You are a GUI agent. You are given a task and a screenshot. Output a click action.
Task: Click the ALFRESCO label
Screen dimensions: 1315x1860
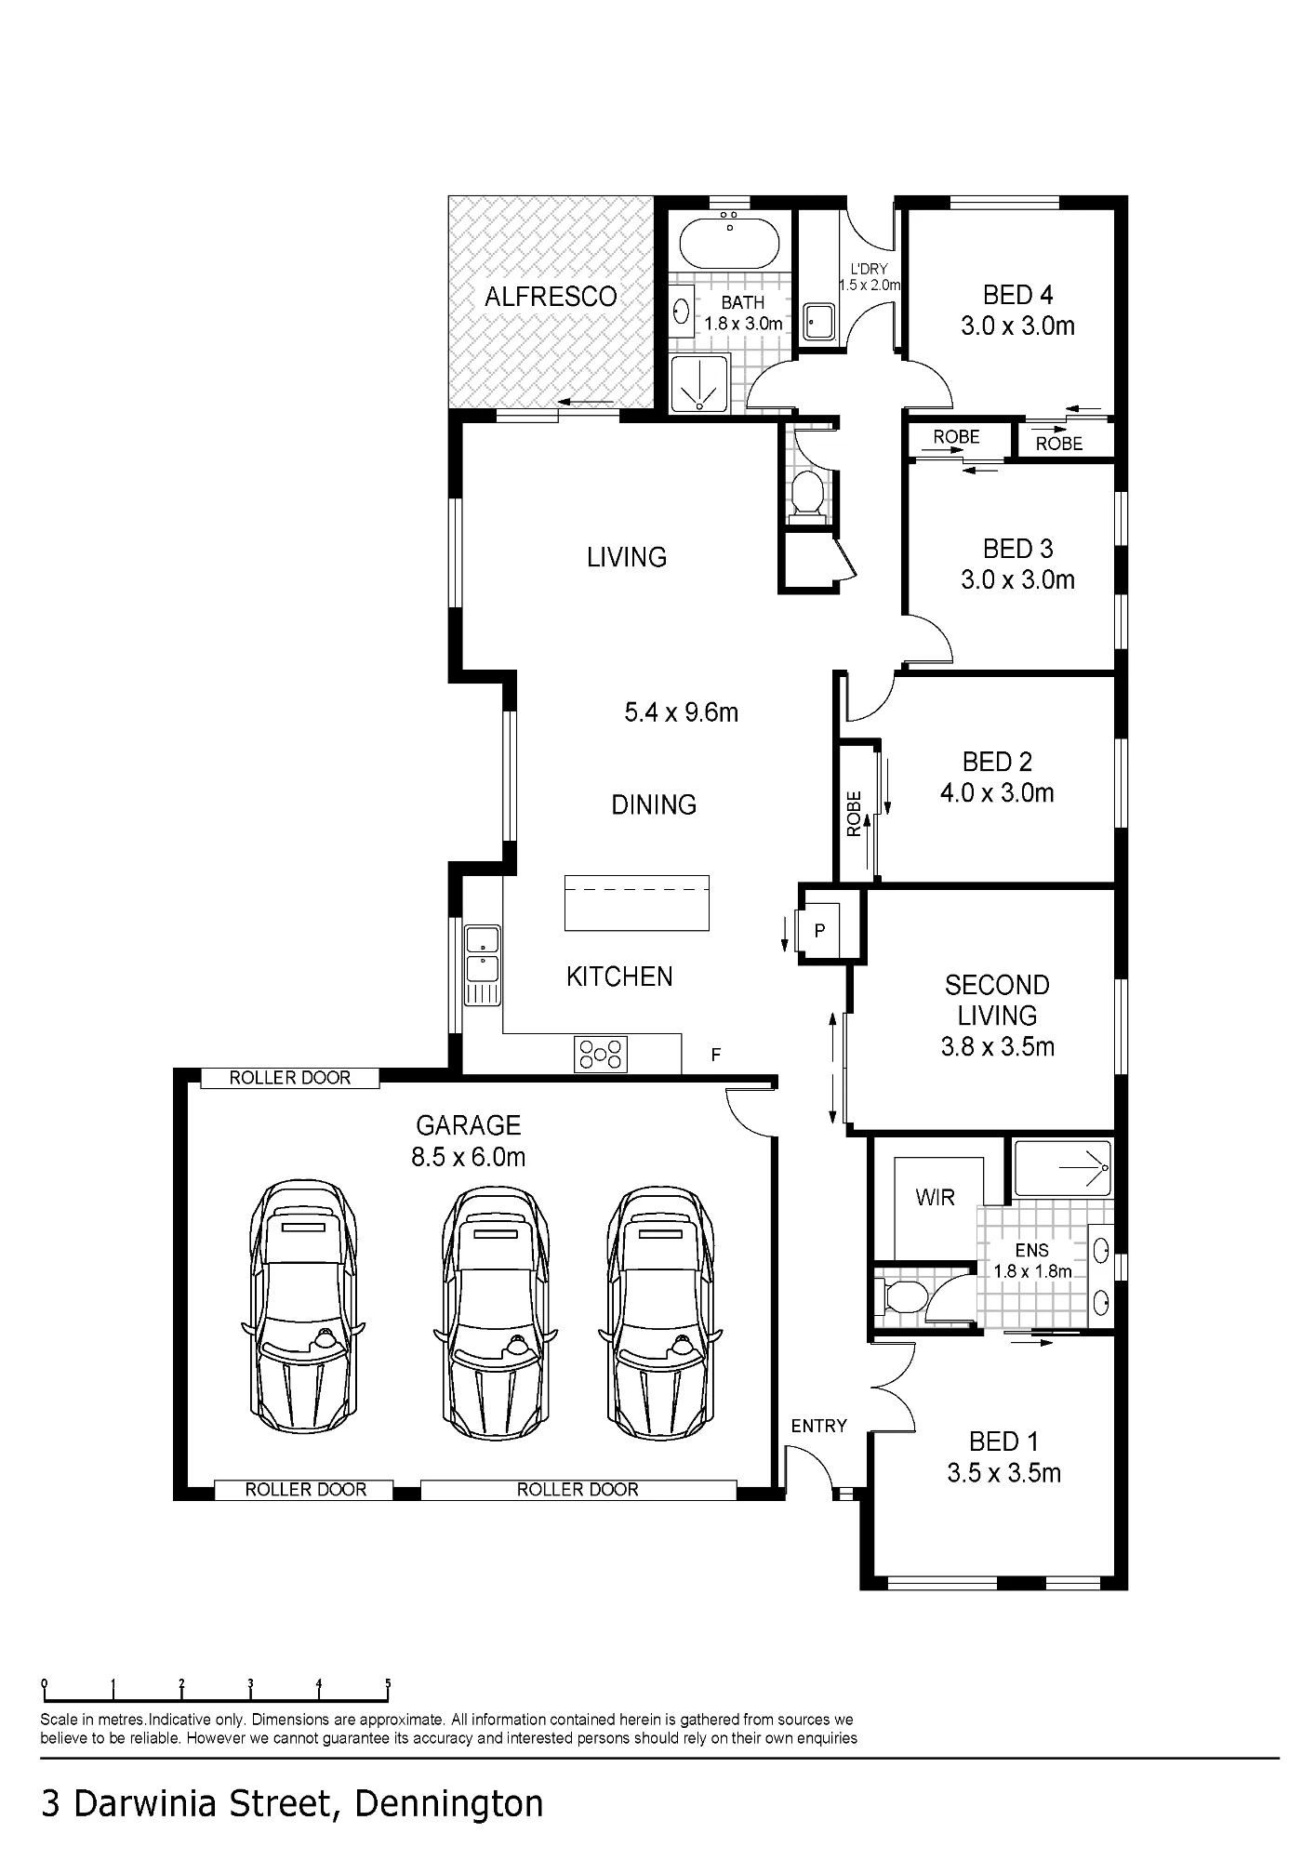point(551,297)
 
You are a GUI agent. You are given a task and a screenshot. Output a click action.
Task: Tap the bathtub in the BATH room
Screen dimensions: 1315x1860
point(730,243)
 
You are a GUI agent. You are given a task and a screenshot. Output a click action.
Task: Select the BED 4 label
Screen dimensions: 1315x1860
point(1018,295)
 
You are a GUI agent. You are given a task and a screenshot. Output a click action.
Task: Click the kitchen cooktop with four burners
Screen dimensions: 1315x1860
point(601,1054)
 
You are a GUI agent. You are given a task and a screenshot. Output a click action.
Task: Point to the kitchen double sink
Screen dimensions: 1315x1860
point(483,966)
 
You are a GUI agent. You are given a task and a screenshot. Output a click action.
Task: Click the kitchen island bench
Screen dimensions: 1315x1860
point(637,903)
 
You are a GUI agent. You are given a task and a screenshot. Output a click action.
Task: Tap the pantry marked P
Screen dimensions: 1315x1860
point(820,930)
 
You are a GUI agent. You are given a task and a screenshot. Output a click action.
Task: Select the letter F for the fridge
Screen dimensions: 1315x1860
point(716,1055)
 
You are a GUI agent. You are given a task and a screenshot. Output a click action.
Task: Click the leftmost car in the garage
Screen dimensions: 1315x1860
point(303,1309)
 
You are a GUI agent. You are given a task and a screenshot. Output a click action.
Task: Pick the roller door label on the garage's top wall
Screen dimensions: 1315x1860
point(290,1078)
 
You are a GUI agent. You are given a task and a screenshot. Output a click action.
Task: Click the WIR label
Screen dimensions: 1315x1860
point(935,1197)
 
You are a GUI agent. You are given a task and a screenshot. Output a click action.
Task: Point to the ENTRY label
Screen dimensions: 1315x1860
point(819,1426)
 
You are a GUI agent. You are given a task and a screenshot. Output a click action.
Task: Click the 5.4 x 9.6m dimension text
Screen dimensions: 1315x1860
point(682,712)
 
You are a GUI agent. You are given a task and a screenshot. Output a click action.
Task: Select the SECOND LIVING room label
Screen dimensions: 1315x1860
point(997,1000)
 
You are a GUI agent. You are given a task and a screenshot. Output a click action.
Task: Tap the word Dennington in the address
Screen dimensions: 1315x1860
point(449,1804)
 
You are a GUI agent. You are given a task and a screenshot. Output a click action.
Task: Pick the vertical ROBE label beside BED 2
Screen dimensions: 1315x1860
point(855,814)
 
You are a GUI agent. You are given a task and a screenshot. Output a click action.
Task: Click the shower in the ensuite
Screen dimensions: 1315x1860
point(1063,1168)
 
